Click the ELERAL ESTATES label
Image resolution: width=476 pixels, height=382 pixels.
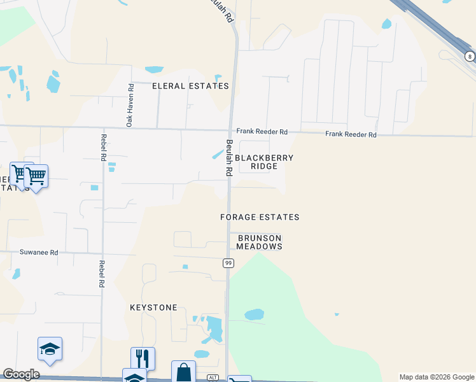190,86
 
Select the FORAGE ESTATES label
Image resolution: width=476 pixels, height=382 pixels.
260,217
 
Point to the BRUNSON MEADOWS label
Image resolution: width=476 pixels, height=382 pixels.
260,242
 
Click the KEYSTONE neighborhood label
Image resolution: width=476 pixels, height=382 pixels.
153,308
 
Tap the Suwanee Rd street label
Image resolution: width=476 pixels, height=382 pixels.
39,253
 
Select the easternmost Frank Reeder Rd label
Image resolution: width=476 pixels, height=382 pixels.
351,134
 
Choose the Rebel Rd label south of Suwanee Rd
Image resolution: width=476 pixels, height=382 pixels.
101,274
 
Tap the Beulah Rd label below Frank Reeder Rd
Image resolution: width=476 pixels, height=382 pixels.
228,159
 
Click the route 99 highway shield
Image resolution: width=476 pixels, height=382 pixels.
227,263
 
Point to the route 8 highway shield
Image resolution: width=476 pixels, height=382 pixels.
470,57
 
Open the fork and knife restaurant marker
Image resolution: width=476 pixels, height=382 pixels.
143,357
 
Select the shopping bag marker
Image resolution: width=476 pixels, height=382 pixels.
183,371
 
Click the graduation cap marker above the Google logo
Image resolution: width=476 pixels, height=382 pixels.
50,348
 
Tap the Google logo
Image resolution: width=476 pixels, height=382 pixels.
21,374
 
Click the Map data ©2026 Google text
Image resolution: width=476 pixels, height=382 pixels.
436,377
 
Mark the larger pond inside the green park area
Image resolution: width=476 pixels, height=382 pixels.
254,315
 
